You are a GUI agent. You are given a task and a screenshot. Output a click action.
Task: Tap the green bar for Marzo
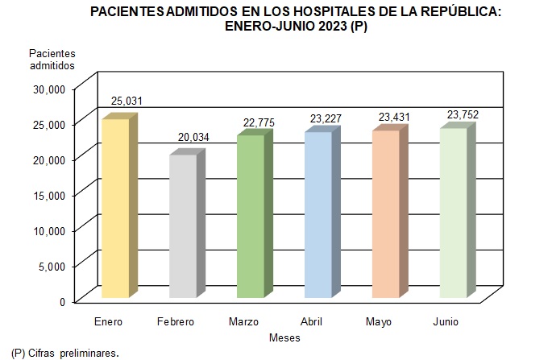click(x=251, y=216)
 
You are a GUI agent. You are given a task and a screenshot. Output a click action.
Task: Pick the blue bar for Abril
click(x=318, y=214)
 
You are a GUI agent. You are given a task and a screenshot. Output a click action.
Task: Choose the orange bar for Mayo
click(x=385, y=213)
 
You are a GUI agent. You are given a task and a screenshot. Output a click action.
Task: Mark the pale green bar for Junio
click(x=453, y=213)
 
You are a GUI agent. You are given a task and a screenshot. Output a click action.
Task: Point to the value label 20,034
click(x=193, y=137)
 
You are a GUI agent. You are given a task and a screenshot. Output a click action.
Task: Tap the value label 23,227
click(x=327, y=118)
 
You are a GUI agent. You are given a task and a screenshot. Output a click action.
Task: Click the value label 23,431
click(x=395, y=117)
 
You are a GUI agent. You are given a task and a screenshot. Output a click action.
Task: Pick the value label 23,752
click(x=463, y=114)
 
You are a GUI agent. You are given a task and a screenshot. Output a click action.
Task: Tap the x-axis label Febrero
click(x=176, y=322)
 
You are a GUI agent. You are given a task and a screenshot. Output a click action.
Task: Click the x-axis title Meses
click(x=284, y=337)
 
